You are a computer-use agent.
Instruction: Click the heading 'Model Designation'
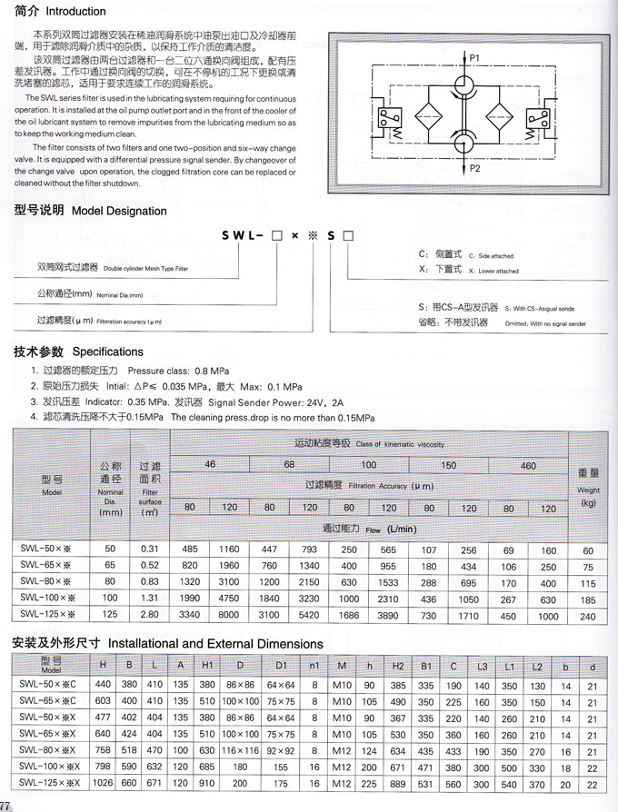coord(119,211)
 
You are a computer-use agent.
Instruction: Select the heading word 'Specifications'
coord(108,352)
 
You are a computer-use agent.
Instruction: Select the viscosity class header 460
coord(528,466)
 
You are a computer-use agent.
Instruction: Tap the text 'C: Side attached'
coord(476,256)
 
